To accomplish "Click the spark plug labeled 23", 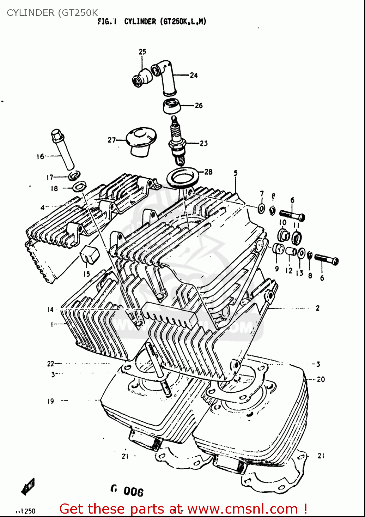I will pos(177,141).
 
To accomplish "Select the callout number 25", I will pos(142,52).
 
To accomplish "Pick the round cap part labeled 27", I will pos(141,141).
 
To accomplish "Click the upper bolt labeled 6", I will pos(292,216).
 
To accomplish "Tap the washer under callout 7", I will pos(261,208).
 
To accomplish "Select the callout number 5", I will pos(236,173).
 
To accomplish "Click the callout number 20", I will pos(321,379).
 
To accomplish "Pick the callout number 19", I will pos(51,401).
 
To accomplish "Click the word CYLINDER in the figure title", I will pos(140,21).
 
